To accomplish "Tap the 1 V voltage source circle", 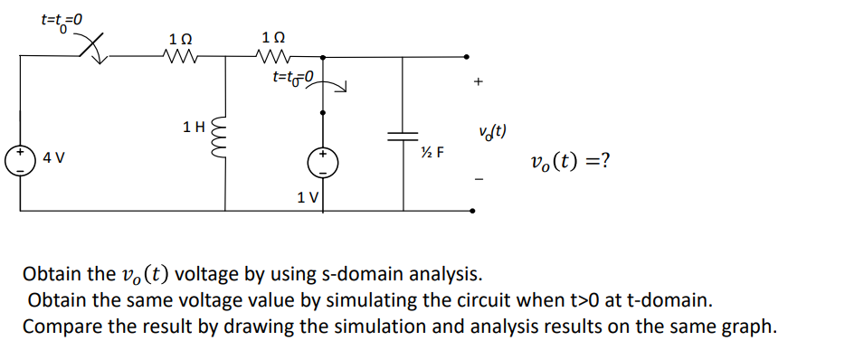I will click(x=323, y=163).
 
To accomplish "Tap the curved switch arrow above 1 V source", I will click(x=333, y=85).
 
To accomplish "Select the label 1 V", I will click(x=308, y=196).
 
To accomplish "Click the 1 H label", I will click(x=192, y=127).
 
